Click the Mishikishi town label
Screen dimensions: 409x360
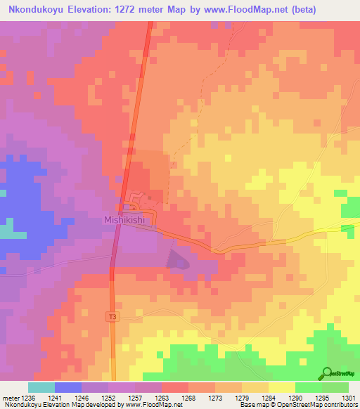point(124,219)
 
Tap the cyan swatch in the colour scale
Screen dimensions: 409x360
point(41,387)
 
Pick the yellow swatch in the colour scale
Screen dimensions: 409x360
point(281,387)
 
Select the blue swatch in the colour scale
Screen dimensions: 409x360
point(68,387)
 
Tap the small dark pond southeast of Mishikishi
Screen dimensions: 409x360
point(176,260)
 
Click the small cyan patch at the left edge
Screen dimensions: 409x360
point(6,230)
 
